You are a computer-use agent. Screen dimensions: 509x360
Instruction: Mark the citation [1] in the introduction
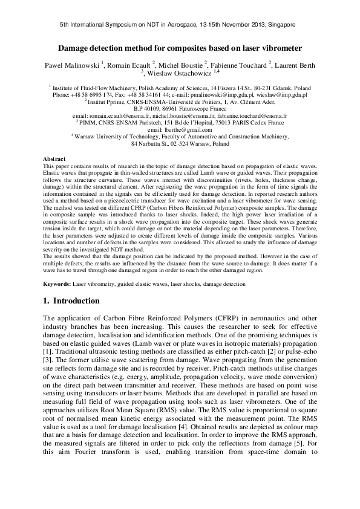(50, 351)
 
